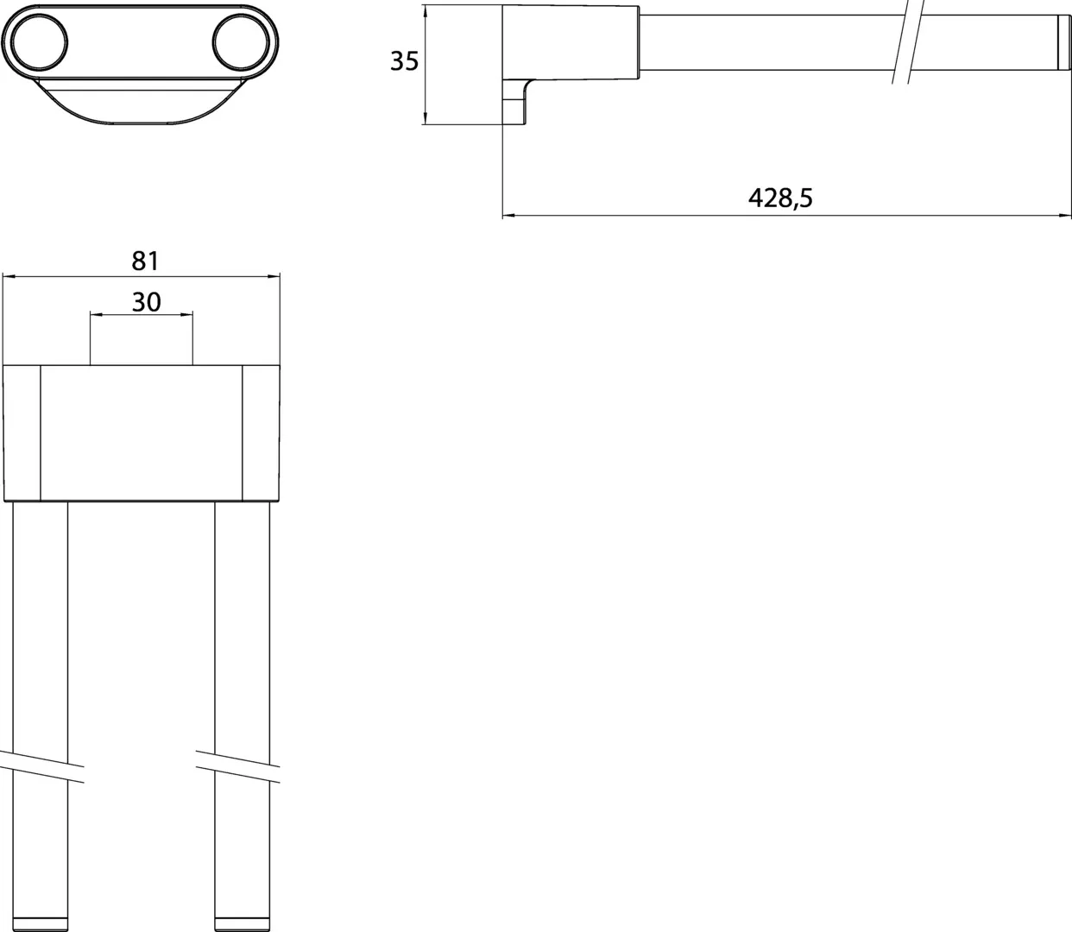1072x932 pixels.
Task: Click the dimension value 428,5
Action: pos(779,198)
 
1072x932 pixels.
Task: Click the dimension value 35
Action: pos(404,62)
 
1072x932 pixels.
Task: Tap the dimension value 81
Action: pos(145,258)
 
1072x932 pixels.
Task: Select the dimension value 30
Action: pos(146,301)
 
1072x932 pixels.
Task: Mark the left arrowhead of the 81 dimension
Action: pos(9,276)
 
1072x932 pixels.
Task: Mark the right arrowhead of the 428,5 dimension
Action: pos(1064,215)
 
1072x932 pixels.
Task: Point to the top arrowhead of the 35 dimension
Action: pos(426,10)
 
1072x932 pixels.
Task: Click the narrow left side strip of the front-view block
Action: pos(22,432)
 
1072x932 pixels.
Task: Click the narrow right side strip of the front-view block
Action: pos(261,432)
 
